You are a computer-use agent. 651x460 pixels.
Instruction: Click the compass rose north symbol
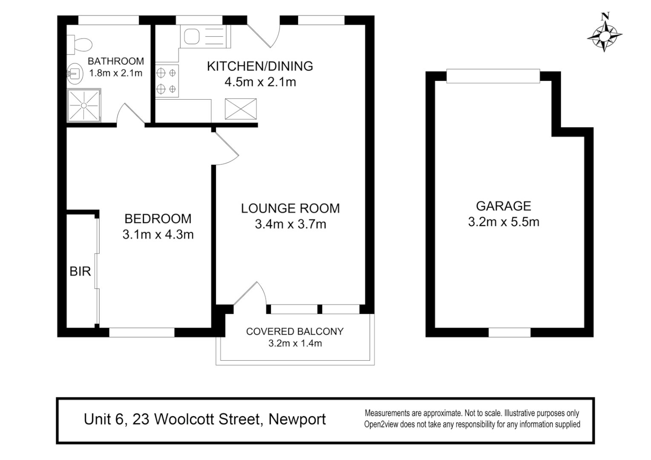(605, 34)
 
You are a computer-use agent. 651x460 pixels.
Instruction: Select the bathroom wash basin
(75, 73)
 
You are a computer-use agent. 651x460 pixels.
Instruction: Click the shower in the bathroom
(84, 105)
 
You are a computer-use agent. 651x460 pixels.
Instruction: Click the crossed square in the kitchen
(241, 109)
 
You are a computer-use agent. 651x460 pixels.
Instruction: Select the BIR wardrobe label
(80, 271)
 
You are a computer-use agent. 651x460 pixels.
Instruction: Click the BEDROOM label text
(158, 218)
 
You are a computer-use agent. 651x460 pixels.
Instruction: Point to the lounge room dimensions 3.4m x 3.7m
(290, 224)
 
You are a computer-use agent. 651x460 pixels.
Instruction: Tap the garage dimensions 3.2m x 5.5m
(503, 222)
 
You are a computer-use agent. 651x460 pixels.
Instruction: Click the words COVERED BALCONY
(294, 331)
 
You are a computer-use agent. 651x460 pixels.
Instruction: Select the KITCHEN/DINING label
(259, 66)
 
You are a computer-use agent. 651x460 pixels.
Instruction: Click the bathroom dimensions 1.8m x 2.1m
(115, 73)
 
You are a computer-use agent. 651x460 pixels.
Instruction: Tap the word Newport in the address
(297, 419)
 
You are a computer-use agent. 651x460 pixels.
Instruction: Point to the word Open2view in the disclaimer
(382, 424)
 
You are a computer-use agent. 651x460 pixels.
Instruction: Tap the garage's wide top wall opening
(493, 76)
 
